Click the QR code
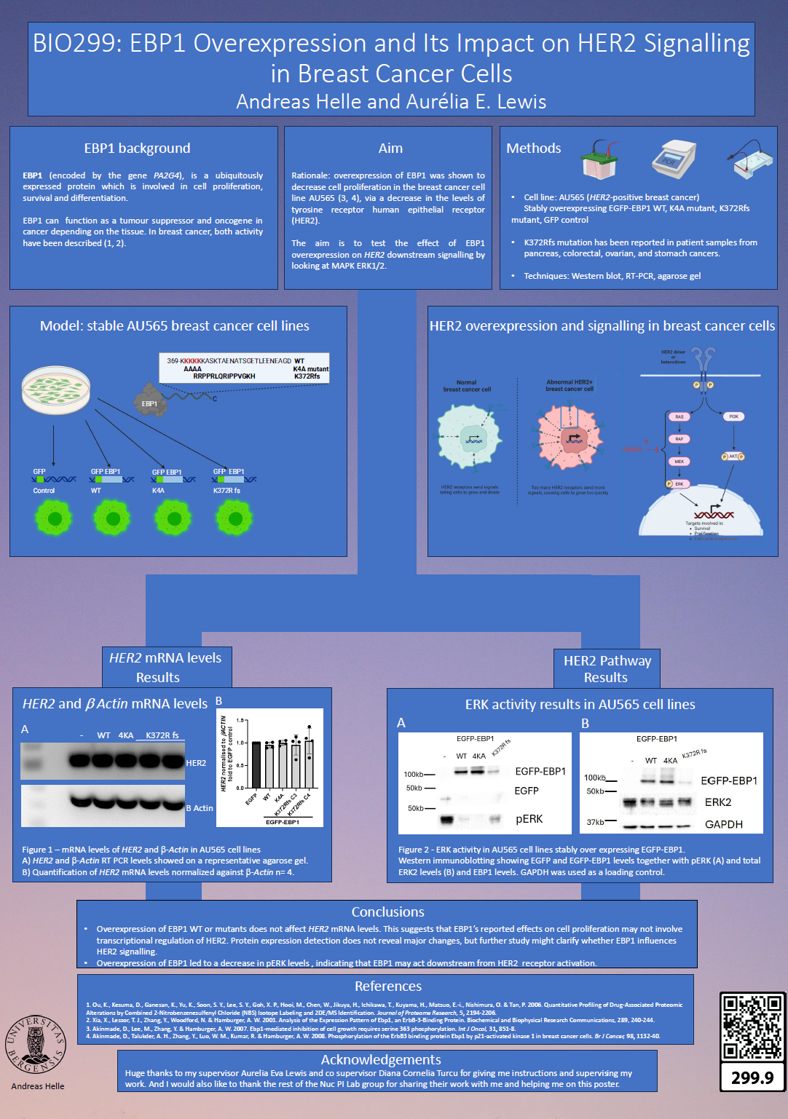tap(752, 1027)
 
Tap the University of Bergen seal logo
tap(36, 1044)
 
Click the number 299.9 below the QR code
tap(752, 1078)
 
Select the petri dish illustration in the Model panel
tap(56, 390)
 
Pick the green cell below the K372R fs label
tap(235, 518)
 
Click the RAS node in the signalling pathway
tap(679, 417)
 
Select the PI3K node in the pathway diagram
tap(733, 416)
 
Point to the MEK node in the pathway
tap(679, 462)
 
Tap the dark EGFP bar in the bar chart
tap(256, 764)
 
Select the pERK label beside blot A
tap(529, 819)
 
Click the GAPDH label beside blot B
tap(723, 824)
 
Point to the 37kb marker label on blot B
tap(595, 822)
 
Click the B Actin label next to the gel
tap(200, 808)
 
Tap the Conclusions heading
tap(387, 912)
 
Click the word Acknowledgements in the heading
tap(381, 1059)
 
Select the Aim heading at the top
tap(390, 149)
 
